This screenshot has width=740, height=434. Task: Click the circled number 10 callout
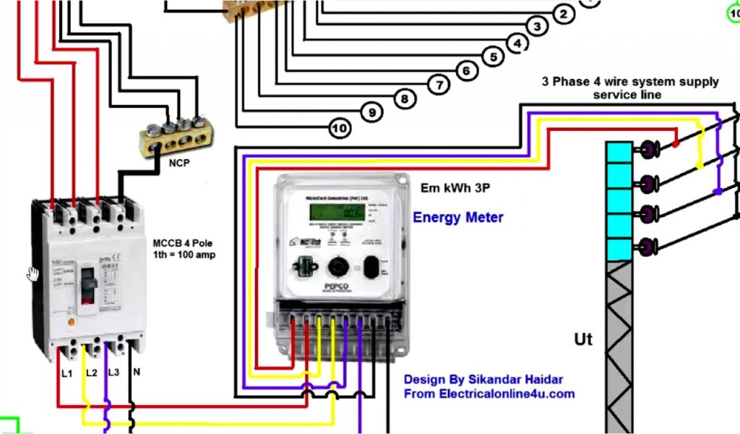coord(340,129)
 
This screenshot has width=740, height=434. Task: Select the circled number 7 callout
coord(439,85)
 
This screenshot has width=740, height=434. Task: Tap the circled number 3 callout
coord(536,27)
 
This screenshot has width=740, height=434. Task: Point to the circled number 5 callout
coord(493,56)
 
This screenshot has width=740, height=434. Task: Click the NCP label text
coord(179,163)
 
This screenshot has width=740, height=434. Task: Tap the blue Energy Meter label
coord(458,217)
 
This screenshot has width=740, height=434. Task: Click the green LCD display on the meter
coord(336,212)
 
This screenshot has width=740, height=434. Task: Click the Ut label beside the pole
coord(583,338)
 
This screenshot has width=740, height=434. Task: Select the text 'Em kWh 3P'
coord(455,188)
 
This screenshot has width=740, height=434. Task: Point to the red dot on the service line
coord(675,143)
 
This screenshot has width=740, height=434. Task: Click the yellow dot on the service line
coord(700,166)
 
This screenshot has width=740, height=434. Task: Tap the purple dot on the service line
coord(717,192)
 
